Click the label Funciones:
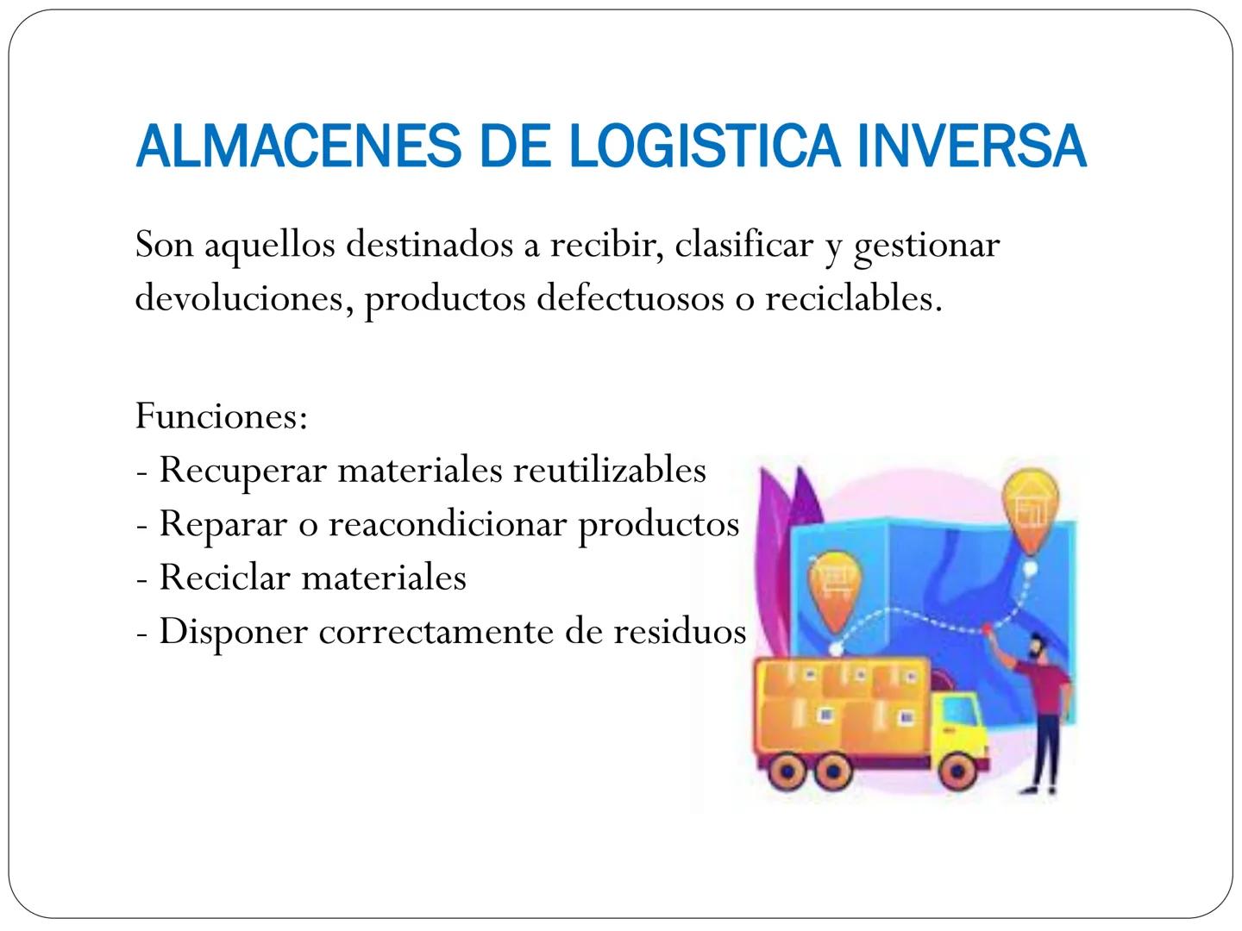[222, 416]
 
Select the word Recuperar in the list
[242, 471]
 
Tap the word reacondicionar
[447, 524]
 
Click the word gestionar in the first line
[926, 246]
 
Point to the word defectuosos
[630, 298]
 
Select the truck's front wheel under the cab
[956, 770]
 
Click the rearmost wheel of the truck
[785, 770]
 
